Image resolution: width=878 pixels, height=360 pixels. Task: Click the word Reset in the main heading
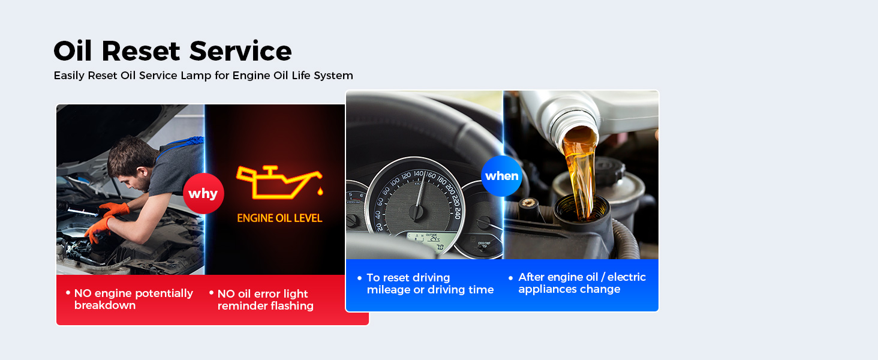[x=141, y=51]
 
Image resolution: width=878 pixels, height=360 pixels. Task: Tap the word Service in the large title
[x=240, y=51]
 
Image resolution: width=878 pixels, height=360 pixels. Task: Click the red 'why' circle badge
[x=203, y=193]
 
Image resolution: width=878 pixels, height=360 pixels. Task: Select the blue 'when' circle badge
[x=502, y=176]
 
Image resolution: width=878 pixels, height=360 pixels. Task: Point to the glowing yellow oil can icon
[x=279, y=182]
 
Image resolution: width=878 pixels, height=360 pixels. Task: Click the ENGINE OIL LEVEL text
[x=279, y=218]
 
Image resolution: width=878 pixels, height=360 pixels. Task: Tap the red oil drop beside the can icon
[x=320, y=191]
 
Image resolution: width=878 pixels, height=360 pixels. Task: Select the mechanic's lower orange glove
[x=98, y=229]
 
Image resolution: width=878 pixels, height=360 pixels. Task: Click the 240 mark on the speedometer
[x=456, y=213]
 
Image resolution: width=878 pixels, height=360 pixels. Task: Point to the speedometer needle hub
[x=416, y=212]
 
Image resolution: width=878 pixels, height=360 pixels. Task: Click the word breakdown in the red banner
[x=105, y=305]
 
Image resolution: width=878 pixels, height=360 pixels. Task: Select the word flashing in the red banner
[x=290, y=306]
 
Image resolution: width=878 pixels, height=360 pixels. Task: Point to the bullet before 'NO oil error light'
[x=211, y=293]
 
